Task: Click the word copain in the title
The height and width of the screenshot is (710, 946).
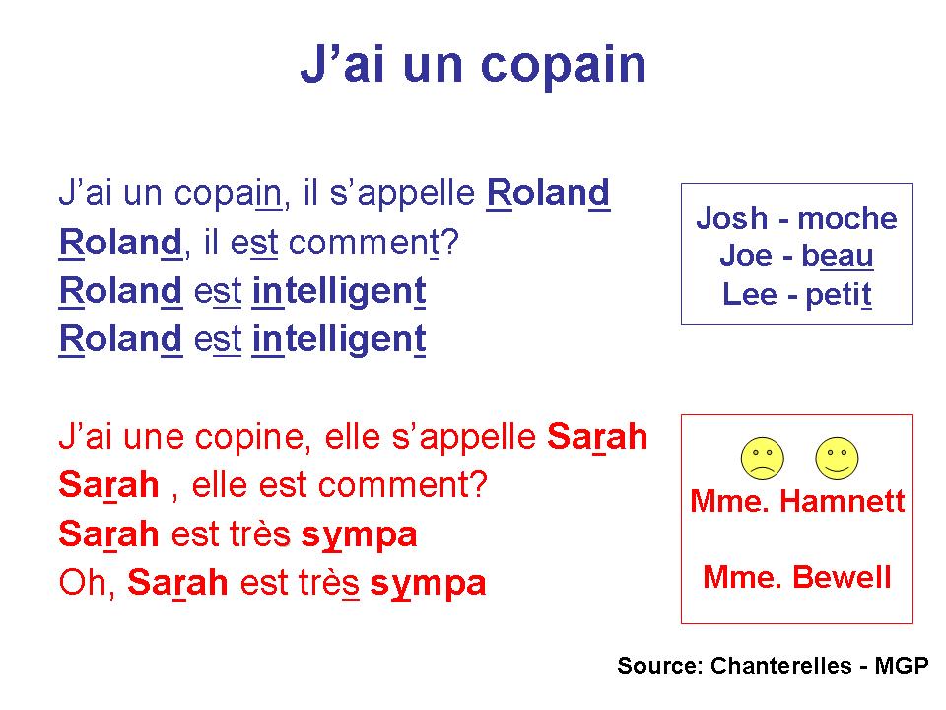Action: click(x=564, y=65)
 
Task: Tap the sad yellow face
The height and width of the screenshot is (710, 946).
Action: click(x=763, y=459)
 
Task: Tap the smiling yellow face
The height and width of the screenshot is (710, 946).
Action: click(x=837, y=459)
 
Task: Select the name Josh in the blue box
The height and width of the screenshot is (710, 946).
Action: click(x=732, y=218)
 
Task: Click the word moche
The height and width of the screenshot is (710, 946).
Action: click(x=847, y=218)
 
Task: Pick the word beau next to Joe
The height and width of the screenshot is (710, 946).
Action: click(x=837, y=256)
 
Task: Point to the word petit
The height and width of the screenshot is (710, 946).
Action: click(x=839, y=295)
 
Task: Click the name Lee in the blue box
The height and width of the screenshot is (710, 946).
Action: click(x=750, y=294)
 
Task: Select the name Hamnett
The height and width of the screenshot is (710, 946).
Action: click(x=843, y=501)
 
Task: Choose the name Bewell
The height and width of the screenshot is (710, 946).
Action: click(x=842, y=577)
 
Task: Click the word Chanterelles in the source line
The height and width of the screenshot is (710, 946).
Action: click(x=780, y=666)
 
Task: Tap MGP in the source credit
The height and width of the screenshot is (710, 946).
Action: click(x=902, y=666)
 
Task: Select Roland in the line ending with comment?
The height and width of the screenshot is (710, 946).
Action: click(x=120, y=243)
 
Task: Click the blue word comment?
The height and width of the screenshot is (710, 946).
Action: click(x=373, y=244)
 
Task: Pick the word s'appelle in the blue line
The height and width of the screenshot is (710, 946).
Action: click(x=402, y=193)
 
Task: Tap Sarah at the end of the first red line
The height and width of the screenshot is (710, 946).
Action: click(x=597, y=437)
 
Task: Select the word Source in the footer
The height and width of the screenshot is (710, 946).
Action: click(x=660, y=666)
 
